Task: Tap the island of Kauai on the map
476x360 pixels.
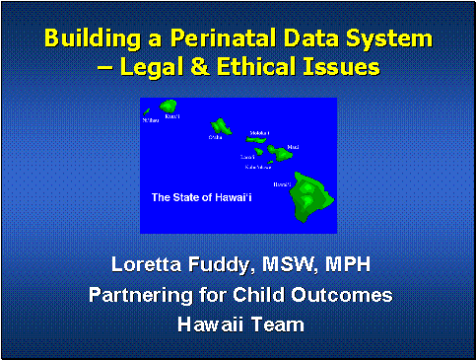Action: coord(168,105)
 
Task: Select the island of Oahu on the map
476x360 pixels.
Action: coord(221,126)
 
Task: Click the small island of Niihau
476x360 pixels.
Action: coord(147,112)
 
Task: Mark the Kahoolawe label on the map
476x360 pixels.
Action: coord(254,167)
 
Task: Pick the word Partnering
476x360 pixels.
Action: coord(141,294)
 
